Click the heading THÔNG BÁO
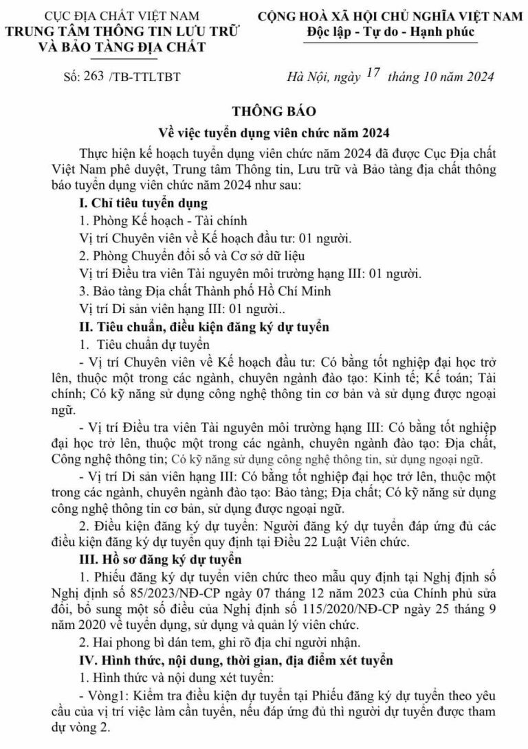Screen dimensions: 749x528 point(263,110)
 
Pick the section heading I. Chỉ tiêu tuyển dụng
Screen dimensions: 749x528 point(144,203)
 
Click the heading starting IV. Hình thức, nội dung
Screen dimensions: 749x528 point(236,661)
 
